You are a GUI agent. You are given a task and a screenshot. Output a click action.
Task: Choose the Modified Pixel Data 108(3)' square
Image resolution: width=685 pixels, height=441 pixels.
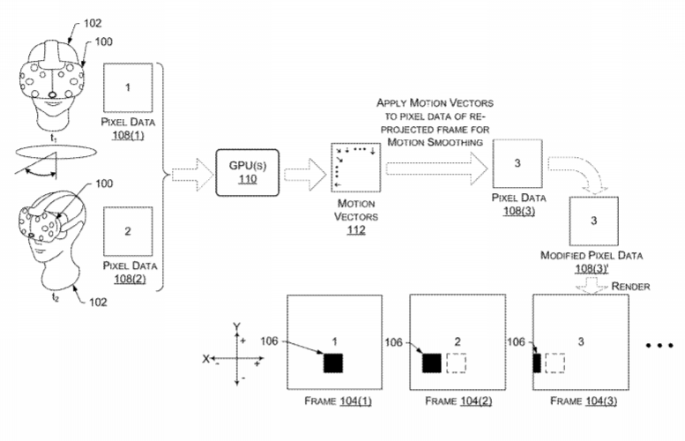pyautogui.click(x=595, y=219)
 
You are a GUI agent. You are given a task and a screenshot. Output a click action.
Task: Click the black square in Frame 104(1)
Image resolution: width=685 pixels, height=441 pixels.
pyautogui.click(x=333, y=363)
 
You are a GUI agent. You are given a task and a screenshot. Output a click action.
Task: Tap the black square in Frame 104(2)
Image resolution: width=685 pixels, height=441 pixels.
pyautogui.click(x=432, y=363)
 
